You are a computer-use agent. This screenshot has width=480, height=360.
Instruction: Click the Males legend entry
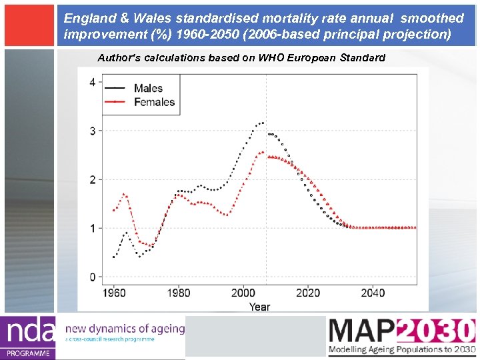pyautogui.click(x=148, y=88)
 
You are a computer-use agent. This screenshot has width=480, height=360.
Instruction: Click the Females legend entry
pyautogui.click(x=154, y=102)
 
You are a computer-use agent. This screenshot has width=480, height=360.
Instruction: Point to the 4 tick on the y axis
pyautogui.click(x=92, y=82)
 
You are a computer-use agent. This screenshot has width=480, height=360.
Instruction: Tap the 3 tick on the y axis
pyautogui.click(x=92, y=131)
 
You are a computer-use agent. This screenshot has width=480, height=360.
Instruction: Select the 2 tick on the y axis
pyautogui.click(x=92, y=179)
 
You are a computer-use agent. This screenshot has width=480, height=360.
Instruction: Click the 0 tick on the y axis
pyautogui.click(x=92, y=277)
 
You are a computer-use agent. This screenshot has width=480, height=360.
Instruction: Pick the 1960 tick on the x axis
pyautogui.click(x=113, y=293)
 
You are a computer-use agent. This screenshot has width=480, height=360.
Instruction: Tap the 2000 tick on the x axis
pyautogui.click(x=243, y=293)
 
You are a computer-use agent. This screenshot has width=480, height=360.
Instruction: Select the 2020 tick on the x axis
pyautogui.click(x=308, y=293)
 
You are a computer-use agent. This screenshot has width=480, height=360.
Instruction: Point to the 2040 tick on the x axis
pyautogui.click(x=373, y=293)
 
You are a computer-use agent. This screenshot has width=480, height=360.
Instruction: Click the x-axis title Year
pyautogui.click(x=259, y=307)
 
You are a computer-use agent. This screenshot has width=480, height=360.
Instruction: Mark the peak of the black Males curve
pyautogui.click(x=263, y=123)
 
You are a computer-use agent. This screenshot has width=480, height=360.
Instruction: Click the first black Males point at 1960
pyautogui.click(x=113, y=257)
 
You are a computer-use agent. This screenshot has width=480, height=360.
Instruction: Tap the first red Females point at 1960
pyautogui.click(x=113, y=211)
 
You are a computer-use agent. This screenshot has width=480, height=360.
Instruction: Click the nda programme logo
pyautogui.click(x=28, y=337)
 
